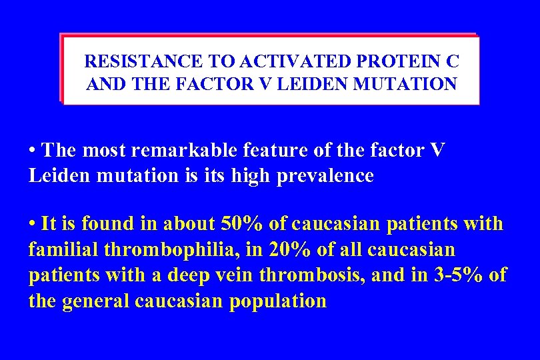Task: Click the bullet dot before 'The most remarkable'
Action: (33, 151)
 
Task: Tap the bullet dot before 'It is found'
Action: (33, 224)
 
